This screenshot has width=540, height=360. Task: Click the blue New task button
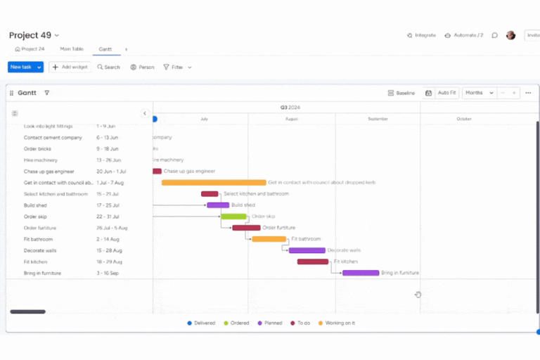coord(21,67)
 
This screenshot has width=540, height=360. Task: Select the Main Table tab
coord(72,49)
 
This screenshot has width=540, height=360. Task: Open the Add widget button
coord(70,67)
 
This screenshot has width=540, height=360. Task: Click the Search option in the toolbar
coord(109,67)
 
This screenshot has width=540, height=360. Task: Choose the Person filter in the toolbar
coord(142,67)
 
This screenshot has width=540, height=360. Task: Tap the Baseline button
coord(401,93)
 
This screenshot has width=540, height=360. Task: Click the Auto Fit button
coord(446,93)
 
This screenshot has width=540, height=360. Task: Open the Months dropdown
coord(479,93)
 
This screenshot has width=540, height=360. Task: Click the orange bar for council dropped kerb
coord(214,182)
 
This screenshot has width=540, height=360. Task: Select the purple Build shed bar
coord(218,205)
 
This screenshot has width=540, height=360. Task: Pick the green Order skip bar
coord(233,217)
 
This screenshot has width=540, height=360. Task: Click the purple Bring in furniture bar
coord(361,273)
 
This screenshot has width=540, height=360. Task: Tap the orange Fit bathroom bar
coord(269,239)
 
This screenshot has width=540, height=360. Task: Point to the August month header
coord(291,119)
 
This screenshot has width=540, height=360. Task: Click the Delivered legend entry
coord(201,323)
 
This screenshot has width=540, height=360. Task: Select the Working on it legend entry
coord(337,323)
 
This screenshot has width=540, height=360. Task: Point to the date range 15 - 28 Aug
coord(109,250)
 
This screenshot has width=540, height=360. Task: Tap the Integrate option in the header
coord(421,35)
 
